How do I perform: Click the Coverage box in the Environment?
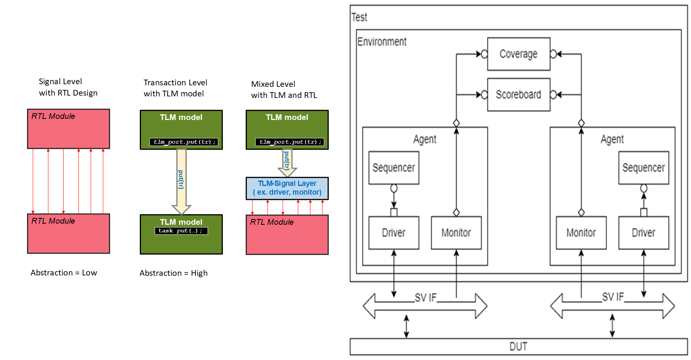(x=518, y=54)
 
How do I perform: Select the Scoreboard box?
(x=518, y=94)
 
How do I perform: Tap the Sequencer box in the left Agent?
(x=393, y=168)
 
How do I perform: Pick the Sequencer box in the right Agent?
(x=643, y=168)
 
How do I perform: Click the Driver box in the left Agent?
(x=393, y=233)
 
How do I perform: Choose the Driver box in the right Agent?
(x=643, y=233)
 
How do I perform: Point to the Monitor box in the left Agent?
(x=456, y=233)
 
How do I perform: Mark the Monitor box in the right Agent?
(x=581, y=233)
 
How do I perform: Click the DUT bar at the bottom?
(x=518, y=347)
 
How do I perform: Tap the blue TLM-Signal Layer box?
(x=287, y=188)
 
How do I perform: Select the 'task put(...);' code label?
(x=181, y=231)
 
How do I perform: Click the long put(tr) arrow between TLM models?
(x=181, y=180)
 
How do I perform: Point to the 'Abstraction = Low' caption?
(x=64, y=273)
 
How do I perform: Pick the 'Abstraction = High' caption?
(x=173, y=273)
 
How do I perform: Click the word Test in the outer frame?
(x=359, y=18)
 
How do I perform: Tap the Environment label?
(x=382, y=42)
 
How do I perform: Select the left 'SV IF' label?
(x=425, y=298)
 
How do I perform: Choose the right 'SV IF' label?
(x=613, y=297)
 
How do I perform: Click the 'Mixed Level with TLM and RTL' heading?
(x=284, y=90)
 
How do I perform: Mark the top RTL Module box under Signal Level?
(x=69, y=129)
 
